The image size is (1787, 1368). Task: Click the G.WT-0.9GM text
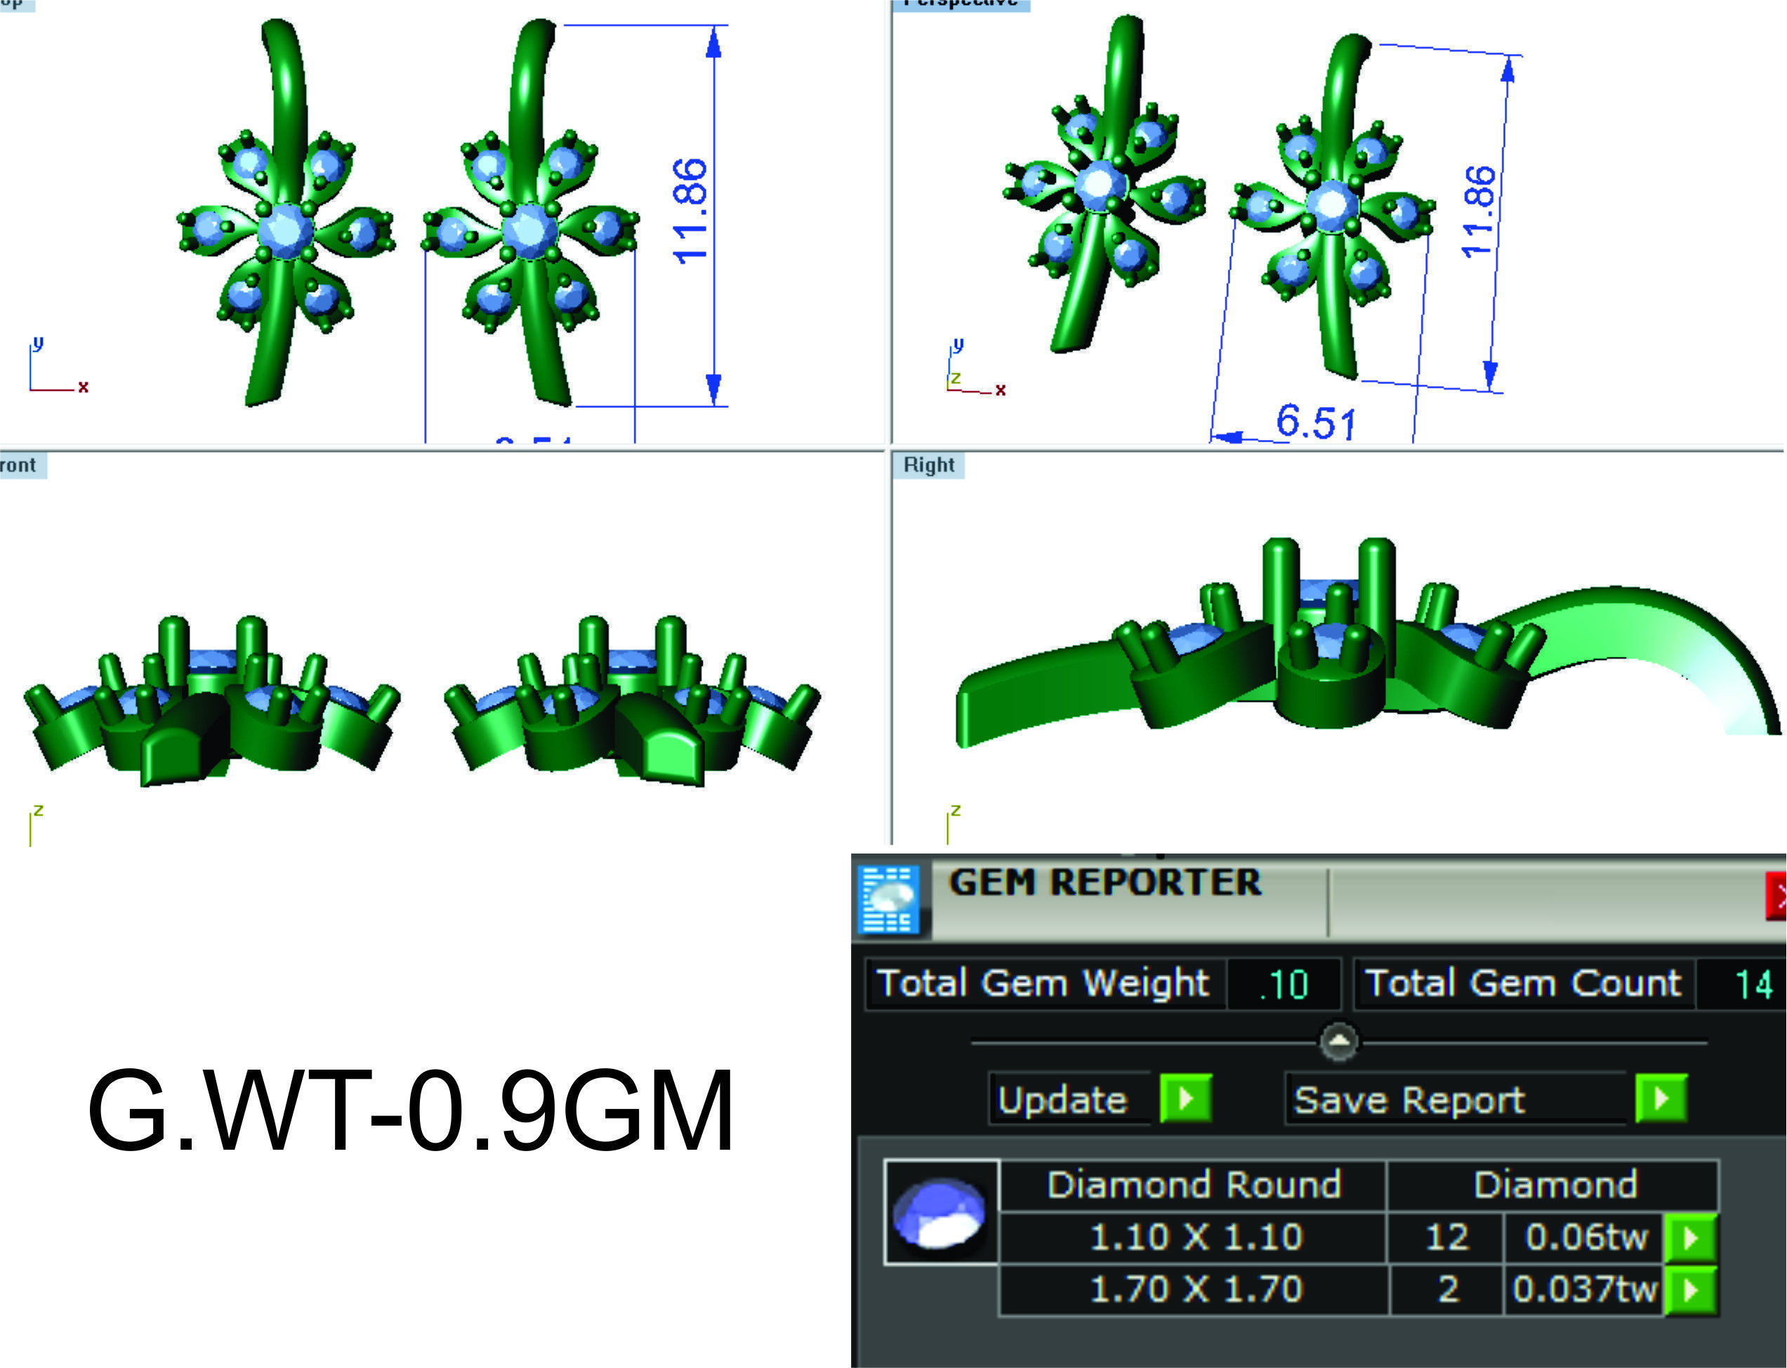[x=411, y=1113]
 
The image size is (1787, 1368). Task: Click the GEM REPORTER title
[x=1104, y=883]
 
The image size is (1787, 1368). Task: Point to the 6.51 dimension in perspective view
[x=1315, y=422]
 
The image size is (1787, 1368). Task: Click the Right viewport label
[x=928, y=465]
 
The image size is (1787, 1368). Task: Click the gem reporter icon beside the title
[x=890, y=900]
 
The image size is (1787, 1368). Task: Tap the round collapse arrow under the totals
[x=1340, y=1042]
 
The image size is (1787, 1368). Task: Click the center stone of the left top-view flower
[x=285, y=230]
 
